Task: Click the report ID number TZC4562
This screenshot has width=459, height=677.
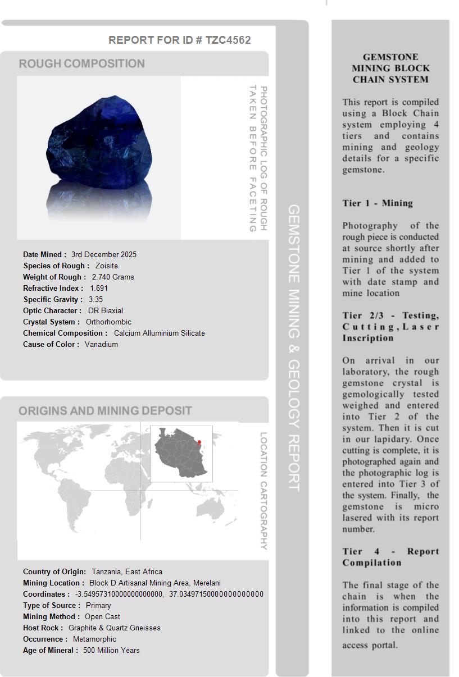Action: (x=228, y=40)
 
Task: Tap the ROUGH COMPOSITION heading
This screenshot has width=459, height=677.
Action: (x=81, y=63)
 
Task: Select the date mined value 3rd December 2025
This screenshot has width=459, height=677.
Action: (x=104, y=254)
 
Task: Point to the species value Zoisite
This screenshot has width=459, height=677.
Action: (x=107, y=266)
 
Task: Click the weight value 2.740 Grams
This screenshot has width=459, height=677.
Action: (x=113, y=277)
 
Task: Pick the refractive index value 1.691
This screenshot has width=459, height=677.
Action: (x=99, y=288)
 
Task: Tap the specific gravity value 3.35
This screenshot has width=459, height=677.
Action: (x=96, y=299)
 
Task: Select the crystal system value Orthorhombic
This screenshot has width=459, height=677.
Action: (x=108, y=322)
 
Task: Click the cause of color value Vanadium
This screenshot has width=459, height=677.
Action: (x=101, y=344)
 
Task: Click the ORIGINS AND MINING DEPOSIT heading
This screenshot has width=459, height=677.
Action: (x=105, y=411)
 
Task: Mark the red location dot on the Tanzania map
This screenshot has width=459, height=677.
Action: (x=199, y=442)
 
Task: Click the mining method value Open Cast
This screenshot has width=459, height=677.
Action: (x=102, y=616)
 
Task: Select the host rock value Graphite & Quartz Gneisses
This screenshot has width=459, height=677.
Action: (x=114, y=628)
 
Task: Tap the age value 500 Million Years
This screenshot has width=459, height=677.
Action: (x=111, y=650)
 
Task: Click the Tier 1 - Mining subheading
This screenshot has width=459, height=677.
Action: (x=378, y=203)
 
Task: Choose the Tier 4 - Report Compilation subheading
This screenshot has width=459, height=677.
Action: (x=390, y=557)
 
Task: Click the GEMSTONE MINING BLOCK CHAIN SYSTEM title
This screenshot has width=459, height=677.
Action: (x=390, y=68)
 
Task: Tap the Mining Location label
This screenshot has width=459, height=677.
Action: (x=53, y=583)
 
